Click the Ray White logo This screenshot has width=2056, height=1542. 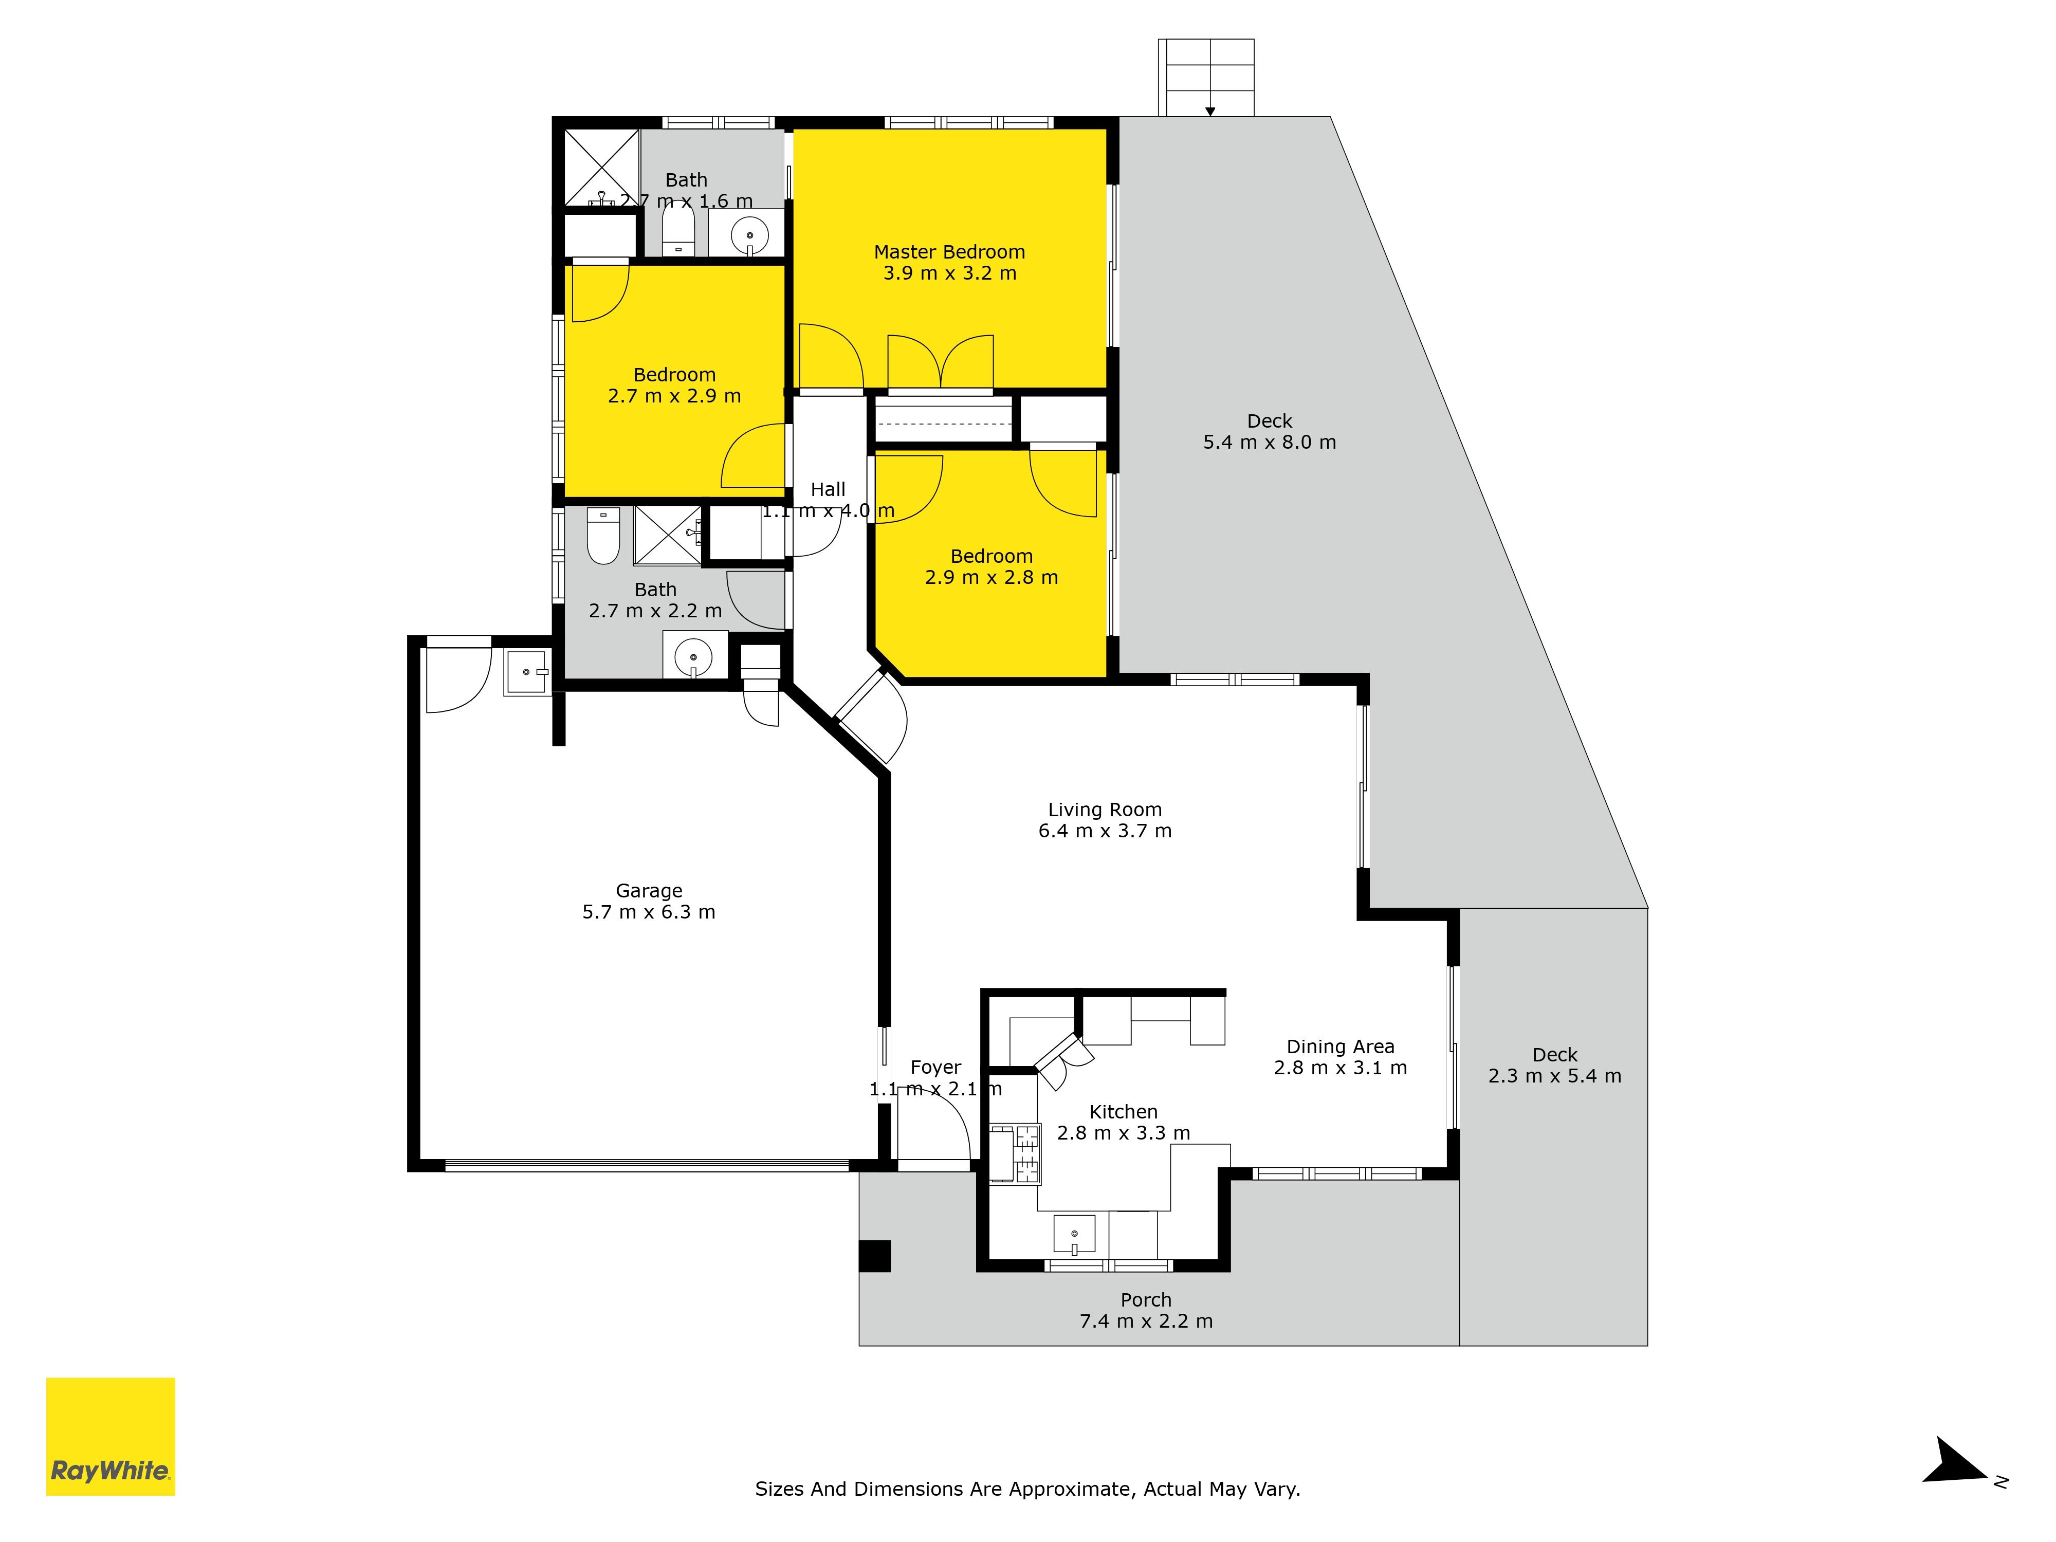(x=111, y=1436)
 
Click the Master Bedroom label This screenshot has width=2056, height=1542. (x=949, y=252)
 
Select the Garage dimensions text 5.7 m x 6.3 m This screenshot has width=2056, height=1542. (x=649, y=912)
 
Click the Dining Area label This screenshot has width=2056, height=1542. (x=1341, y=1047)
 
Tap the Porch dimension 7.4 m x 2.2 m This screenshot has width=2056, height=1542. (x=1146, y=1321)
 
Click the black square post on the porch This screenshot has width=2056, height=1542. (x=875, y=1256)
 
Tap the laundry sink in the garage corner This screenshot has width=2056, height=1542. (x=527, y=671)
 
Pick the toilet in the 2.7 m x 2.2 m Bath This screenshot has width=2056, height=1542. (x=604, y=536)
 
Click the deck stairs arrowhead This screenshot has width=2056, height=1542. (x=1210, y=112)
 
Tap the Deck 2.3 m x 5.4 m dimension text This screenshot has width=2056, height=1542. (x=1555, y=1075)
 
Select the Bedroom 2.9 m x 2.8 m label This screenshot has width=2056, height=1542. (x=992, y=567)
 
